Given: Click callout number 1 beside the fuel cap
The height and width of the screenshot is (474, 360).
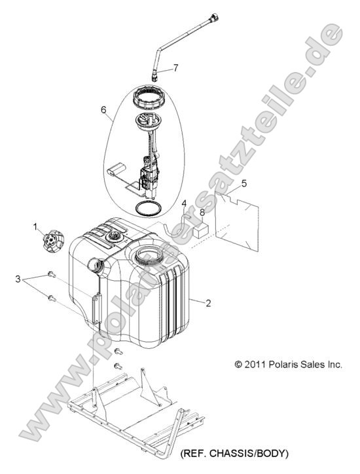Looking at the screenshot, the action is pyautogui.click(x=35, y=227).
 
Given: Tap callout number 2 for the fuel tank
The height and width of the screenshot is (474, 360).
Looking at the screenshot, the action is pyautogui.click(x=208, y=303).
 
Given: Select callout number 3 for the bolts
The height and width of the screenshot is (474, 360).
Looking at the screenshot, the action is pyautogui.click(x=18, y=279).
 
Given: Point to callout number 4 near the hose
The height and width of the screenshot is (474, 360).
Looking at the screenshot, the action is pyautogui.click(x=184, y=204).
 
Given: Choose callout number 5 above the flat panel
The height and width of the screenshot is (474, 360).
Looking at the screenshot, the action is pyautogui.click(x=244, y=183).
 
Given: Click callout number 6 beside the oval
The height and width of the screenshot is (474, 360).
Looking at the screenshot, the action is pyautogui.click(x=103, y=110).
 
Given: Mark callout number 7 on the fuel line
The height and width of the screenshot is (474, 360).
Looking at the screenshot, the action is pyautogui.click(x=175, y=67).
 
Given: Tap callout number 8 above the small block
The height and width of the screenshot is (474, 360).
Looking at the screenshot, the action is pyautogui.click(x=202, y=213).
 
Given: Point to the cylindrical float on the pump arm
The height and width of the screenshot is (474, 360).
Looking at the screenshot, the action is pyautogui.click(x=117, y=170).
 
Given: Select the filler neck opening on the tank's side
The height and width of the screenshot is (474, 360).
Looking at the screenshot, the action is pyautogui.click(x=95, y=264).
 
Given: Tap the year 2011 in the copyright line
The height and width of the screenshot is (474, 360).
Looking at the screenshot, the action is pyautogui.click(x=255, y=364).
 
